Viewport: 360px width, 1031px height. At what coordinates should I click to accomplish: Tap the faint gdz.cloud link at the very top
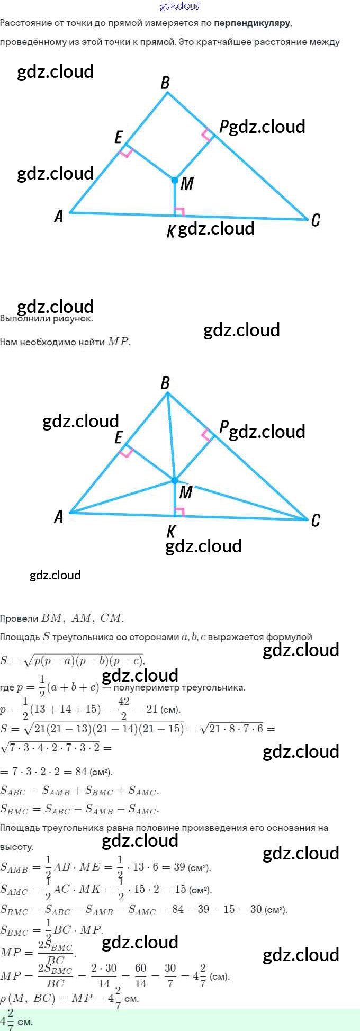point(180,6)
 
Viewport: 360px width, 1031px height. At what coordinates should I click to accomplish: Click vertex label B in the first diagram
point(165,83)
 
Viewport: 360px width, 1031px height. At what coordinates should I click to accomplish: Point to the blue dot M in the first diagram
point(175,181)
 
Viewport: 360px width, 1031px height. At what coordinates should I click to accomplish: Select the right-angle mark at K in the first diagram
point(179,212)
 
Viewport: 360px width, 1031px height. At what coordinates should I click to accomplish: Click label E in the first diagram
point(119,138)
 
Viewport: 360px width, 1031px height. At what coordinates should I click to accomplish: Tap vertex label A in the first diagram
point(59,216)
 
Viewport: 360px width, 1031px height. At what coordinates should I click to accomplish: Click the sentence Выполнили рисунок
point(47,319)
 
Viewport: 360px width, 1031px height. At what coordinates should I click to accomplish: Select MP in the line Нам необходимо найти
point(119,342)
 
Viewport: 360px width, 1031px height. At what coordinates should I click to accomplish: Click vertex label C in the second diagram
point(316,521)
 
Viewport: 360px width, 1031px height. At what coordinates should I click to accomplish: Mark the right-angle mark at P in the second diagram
point(208,435)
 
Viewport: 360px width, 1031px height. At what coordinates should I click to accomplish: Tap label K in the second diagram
point(171,531)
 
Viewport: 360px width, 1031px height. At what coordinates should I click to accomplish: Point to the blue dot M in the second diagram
point(175,480)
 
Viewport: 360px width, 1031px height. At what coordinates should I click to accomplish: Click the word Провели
point(19,618)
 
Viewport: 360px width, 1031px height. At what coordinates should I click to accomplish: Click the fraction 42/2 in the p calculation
point(124,709)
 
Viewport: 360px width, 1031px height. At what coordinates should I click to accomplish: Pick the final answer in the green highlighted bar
point(16,1020)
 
